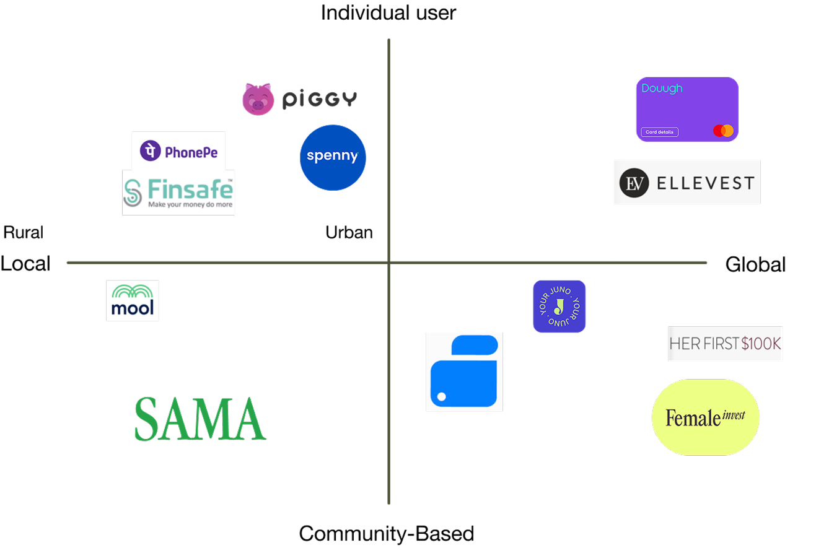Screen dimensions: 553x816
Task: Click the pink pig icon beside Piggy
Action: (258, 99)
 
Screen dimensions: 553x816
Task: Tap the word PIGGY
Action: (320, 100)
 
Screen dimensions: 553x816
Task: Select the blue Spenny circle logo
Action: (333, 157)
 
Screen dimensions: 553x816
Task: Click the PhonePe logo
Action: (178, 150)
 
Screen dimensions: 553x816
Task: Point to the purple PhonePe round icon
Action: (151, 150)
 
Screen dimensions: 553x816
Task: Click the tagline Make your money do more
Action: (190, 204)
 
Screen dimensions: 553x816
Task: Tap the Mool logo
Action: (132, 300)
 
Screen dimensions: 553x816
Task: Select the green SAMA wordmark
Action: (200, 419)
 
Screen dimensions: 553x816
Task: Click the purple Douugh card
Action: (687, 110)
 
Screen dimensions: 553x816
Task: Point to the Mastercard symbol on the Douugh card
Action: (723, 131)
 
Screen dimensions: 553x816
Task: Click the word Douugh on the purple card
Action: (662, 89)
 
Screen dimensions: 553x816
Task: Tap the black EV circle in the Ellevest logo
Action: (634, 183)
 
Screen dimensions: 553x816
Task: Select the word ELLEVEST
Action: (706, 183)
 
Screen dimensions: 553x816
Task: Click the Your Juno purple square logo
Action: (559, 306)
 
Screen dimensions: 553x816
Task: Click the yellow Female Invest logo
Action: (705, 417)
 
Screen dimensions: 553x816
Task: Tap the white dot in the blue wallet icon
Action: (442, 396)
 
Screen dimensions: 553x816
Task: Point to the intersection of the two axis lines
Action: (389, 263)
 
